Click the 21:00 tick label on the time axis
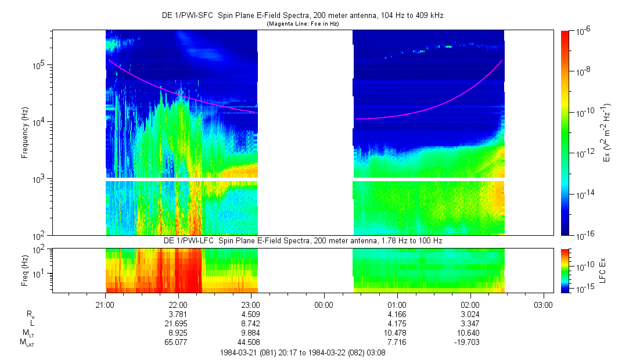click(105, 305)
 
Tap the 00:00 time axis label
click(324, 305)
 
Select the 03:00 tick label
click(543, 305)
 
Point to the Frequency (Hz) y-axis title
click(25, 133)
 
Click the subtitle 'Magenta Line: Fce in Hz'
click(302, 24)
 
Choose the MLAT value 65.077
click(178, 343)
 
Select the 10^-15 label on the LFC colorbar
click(584, 289)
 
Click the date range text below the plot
click(302, 352)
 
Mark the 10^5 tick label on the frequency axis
click(38, 65)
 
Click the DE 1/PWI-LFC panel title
click(302, 240)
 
